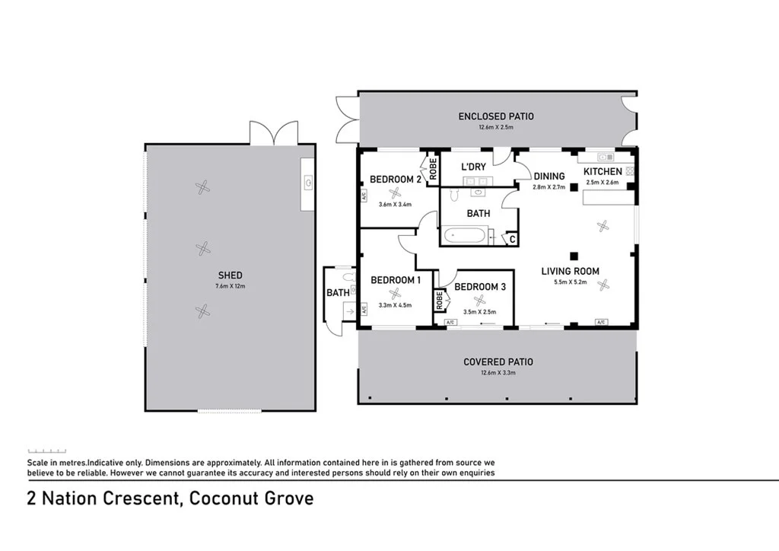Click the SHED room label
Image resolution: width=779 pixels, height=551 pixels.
click(x=230, y=275)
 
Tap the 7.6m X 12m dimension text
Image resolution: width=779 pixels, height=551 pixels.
click(x=230, y=286)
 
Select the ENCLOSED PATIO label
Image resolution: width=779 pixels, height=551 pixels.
click(x=495, y=116)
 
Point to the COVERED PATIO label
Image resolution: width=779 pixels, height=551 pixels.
click(x=498, y=362)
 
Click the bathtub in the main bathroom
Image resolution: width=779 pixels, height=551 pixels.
click(x=465, y=236)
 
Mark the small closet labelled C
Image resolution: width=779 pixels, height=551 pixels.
click(x=512, y=240)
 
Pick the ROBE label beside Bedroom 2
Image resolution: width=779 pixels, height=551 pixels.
click(x=433, y=168)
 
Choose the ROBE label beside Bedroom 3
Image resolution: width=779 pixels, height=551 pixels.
click(x=440, y=301)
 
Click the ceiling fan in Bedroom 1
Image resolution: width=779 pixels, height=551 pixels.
click(x=395, y=293)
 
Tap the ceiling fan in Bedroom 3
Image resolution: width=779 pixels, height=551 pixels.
click(x=479, y=300)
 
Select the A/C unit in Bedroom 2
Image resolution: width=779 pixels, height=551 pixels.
click(x=364, y=196)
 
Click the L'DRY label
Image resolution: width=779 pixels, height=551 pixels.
click(x=473, y=167)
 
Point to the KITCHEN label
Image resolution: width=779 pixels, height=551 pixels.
click(x=603, y=172)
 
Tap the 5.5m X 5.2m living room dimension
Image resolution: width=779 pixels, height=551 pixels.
click(x=570, y=282)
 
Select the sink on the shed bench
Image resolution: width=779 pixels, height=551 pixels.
click(x=308, y=183)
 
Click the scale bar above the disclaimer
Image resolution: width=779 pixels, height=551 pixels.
click(x=47, y=450)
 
